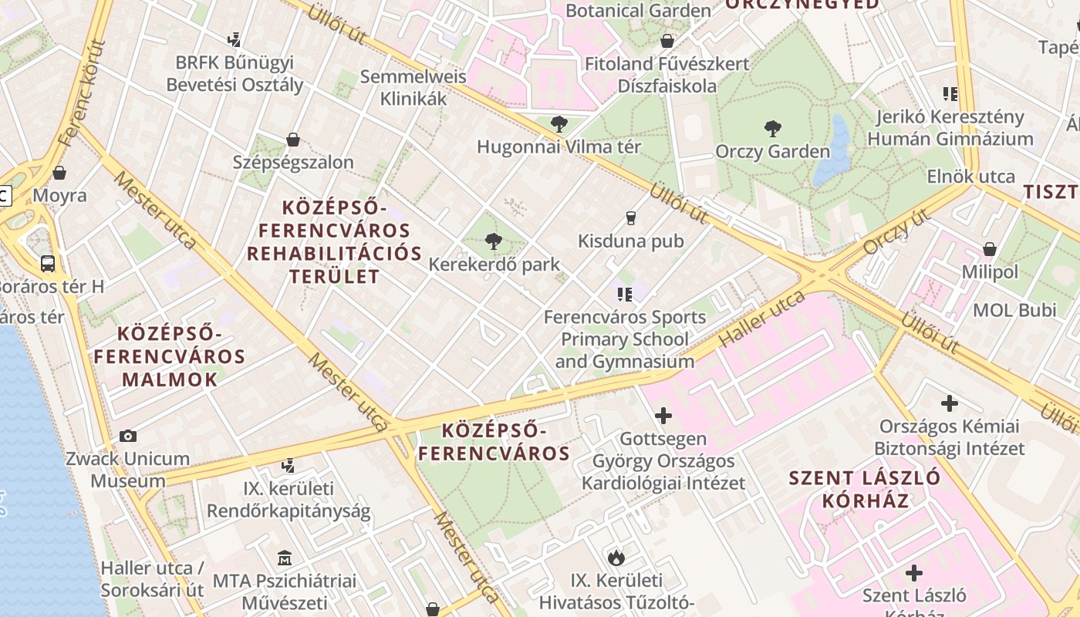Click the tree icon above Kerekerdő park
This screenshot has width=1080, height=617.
point(494,241)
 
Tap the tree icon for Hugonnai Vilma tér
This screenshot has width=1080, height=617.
point(559,123)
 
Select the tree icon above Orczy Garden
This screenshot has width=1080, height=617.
point(772,128)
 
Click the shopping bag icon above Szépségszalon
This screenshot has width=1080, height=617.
point(292,140)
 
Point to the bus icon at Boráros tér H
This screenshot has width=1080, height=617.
point(48,263)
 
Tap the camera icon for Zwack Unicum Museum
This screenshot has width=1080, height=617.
point(128,436)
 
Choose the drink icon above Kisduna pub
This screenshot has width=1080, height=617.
point(631,218)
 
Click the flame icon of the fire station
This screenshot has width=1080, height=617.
point(616,557)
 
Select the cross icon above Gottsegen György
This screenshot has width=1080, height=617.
point(663,416)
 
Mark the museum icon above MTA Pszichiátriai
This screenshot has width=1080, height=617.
point(285,558)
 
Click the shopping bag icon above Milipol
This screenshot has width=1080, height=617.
point(989,249)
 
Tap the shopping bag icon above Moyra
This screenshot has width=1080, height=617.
point(59,173)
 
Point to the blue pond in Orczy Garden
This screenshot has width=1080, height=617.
point(833,150)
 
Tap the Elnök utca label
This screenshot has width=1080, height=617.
point(971,177)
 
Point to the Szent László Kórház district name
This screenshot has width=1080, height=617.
point(865,489)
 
